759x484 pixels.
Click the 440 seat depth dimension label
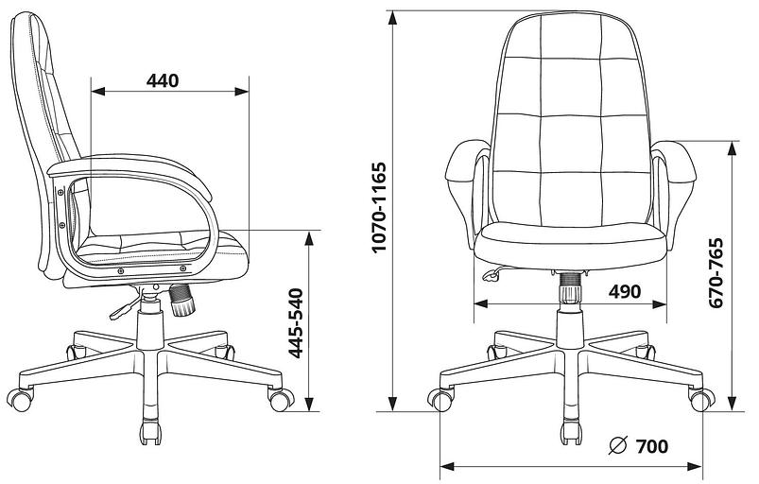tap(163, 81)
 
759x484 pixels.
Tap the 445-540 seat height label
tap(295, 323)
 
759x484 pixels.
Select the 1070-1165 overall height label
tap(379, 207)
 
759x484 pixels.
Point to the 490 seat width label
tap(625, 291)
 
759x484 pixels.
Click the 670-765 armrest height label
tap(715, 273)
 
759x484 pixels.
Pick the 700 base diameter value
tap(651, 446)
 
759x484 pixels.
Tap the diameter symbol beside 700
tap(618, 446)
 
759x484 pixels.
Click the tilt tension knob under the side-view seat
tap(182, 300)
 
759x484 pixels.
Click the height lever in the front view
tap(492, 274)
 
